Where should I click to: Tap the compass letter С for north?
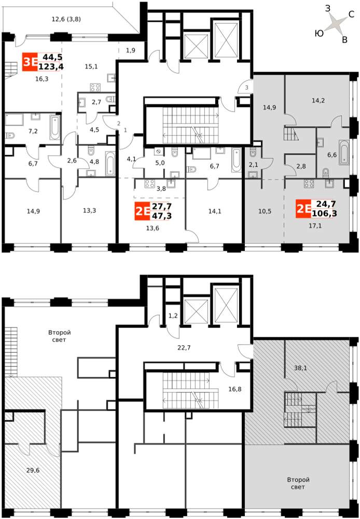tap(352, 14)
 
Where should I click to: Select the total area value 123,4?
tap(51, 67)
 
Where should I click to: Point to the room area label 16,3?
tap(43, 79)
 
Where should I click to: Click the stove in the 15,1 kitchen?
tap(95, 88)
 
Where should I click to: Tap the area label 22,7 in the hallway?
tap(184, 347)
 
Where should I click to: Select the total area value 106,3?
tap(324, 213)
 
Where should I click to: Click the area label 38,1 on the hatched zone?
tap(300, 367)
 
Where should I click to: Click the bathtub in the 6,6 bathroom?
tap(344, 153)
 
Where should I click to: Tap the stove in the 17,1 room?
tap(309, 184)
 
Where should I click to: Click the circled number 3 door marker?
tap(246, 87)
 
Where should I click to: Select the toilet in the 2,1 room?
tap(253, 154)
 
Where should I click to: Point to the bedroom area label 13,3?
tap(89, 210)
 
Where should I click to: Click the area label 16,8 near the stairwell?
tap(234, 389)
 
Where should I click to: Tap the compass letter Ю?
tap(320, 33)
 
